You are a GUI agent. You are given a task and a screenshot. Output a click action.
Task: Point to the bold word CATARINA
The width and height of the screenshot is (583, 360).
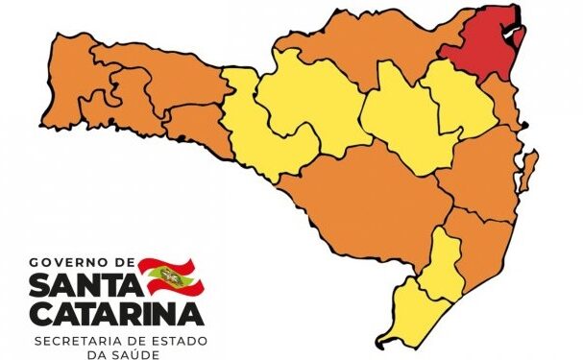116,314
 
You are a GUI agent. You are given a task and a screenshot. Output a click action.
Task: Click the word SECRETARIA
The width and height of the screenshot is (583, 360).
73,339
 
